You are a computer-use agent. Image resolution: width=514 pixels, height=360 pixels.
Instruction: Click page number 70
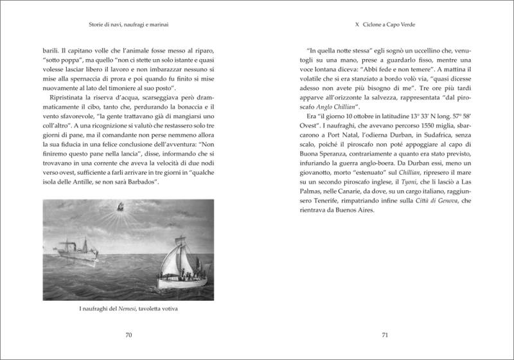coord(128,335)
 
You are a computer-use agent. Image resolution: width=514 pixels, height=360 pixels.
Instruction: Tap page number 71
coord(385,335)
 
